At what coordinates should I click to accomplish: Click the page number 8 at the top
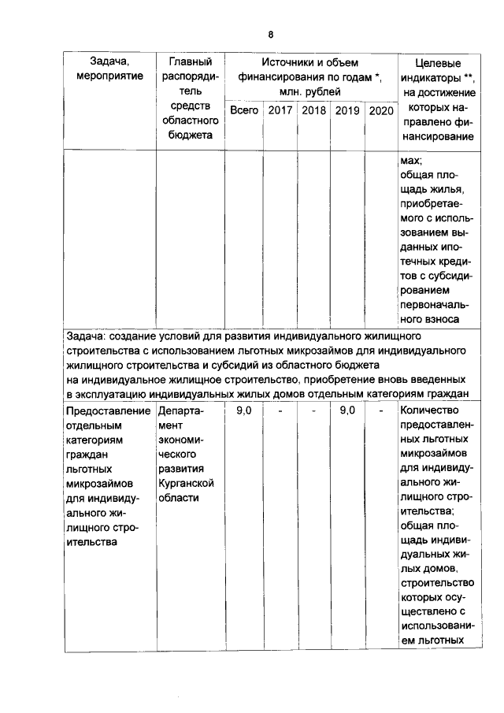(x=269, y=35)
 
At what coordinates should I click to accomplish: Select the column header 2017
(x=280, y=110)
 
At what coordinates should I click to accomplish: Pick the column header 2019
(x=347, y=110)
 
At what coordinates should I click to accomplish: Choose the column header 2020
(x=380, y=110)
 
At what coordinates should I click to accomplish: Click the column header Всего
(x=244, y=110)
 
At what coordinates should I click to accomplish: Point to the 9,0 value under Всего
(x=244, y=410)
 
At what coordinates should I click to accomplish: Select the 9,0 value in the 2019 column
(x=347, y=410)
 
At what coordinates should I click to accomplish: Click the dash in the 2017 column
(x=280, y=410)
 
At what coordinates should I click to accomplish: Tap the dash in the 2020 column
(x=380, y=410)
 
